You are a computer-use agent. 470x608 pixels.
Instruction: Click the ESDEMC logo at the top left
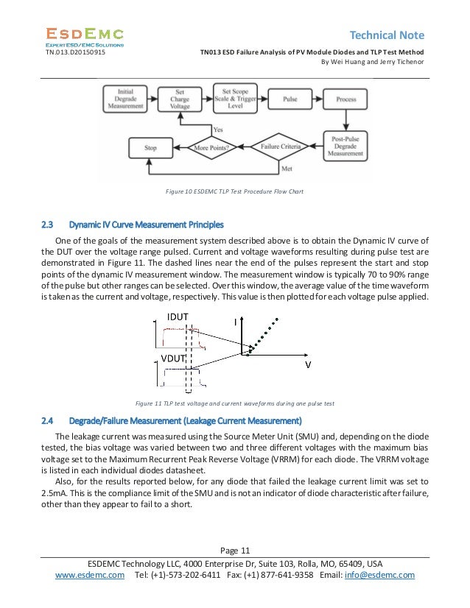(x=85, y=35)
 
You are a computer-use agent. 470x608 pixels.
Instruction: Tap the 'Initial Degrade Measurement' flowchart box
(x=125, y=99)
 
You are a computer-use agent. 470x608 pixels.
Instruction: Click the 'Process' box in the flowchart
(x=346, y=98)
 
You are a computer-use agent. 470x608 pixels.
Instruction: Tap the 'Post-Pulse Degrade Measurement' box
(x=346, y=148)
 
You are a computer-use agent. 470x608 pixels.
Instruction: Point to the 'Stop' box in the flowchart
(x=150, y=147)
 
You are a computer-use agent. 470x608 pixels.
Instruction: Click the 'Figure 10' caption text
(x=234, y=193)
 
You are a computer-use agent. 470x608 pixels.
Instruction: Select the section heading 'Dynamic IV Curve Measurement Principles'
(x=146, y=224)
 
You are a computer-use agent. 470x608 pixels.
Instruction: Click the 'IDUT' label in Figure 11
(x=178, y=317)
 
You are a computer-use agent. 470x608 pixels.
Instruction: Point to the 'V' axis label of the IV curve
(x=308, y=365)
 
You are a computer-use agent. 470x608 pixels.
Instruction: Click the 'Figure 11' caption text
(x=236, y=403)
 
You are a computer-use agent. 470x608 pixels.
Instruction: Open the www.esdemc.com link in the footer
(x=91, y=575)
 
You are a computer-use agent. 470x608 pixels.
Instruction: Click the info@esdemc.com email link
(x=381, y=575)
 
